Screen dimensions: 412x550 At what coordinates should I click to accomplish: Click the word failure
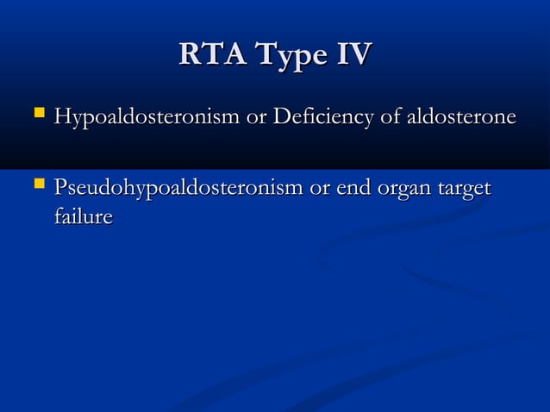(83, 215)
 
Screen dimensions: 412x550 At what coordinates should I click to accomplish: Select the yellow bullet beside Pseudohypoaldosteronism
(35, 185)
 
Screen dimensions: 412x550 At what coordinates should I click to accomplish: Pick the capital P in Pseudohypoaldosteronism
(59, 187)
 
